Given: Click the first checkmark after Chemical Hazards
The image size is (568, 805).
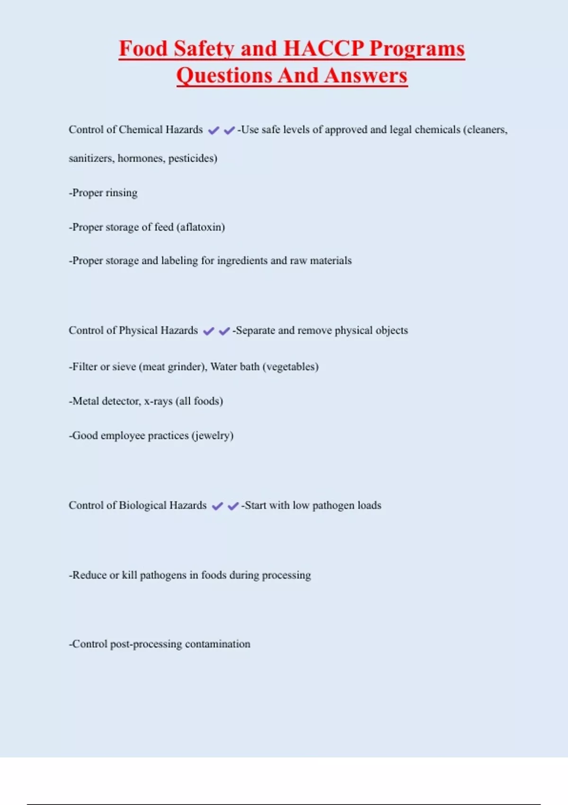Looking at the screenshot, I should click(213, 130).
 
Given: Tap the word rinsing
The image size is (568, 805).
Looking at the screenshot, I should click(122, 193).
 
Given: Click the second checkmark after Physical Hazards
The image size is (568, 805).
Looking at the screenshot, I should click(224, 331).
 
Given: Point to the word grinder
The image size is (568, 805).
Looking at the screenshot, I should click(187, 367).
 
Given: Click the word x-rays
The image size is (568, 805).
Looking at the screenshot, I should click(158, 402).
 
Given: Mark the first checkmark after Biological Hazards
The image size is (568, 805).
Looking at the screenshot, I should click(217, 506).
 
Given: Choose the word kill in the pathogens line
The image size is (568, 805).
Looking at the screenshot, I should click(129, 575).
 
